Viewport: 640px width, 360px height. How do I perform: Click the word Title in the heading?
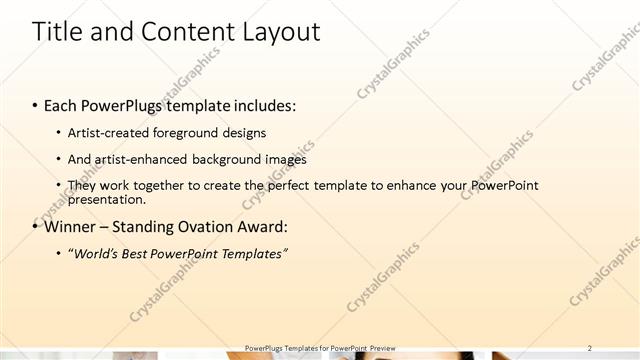click(59, 32)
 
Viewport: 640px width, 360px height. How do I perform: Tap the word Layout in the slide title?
click(282, 32)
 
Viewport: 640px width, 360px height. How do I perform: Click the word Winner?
click(73, 226)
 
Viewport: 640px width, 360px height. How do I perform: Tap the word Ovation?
click(204, 226)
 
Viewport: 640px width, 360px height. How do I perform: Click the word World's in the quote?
click(97, 254)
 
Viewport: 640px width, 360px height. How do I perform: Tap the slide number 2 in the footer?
click(590, 348)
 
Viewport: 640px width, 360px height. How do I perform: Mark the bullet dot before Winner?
click(35, 227)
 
